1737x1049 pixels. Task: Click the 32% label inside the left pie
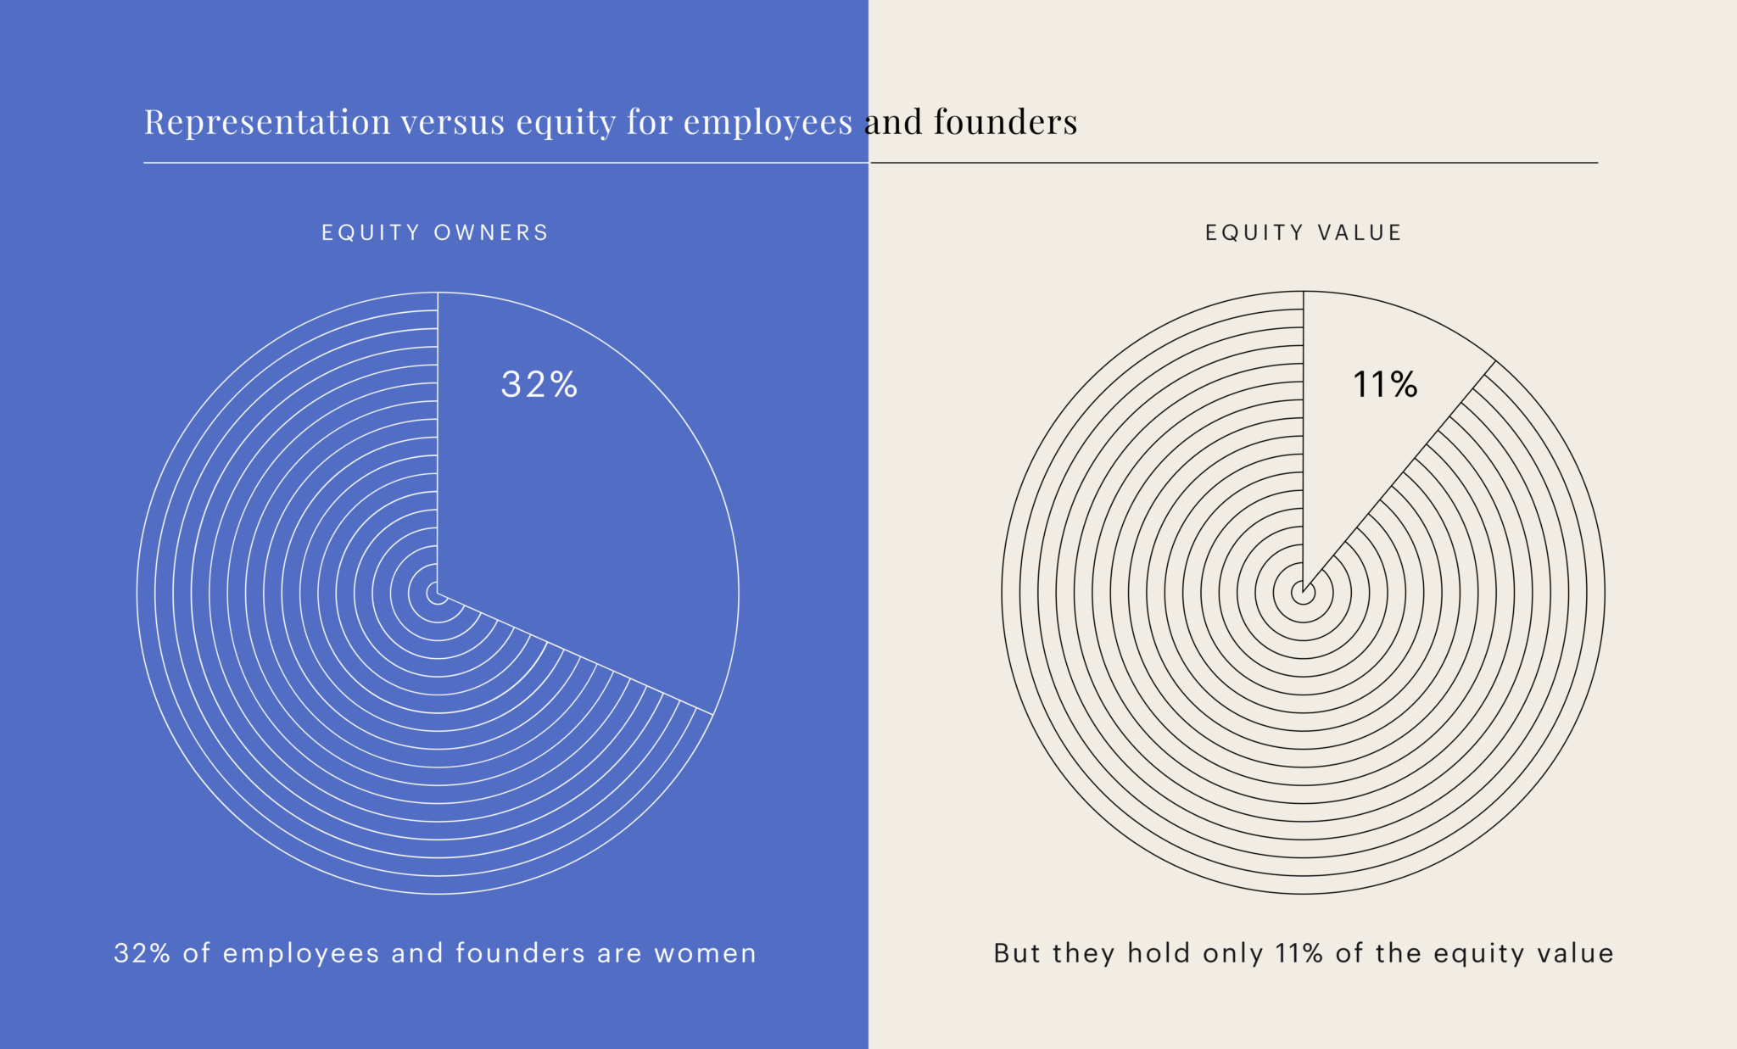tap(539, 384)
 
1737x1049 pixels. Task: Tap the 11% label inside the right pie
tap(1384, 384)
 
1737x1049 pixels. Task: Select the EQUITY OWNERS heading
tap(435, 232)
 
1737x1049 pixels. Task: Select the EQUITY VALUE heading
tap(1304, 232)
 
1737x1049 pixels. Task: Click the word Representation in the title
tap(267, 122)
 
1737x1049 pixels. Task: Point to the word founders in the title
tap(1005, 122)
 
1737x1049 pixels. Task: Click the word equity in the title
tap(566, 122)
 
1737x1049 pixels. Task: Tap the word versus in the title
tap(453, 122)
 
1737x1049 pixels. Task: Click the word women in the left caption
tap(705, 953)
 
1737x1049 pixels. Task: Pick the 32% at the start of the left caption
tap(142, 953)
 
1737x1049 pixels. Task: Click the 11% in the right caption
tap(1299, 953)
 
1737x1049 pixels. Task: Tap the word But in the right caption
tap(1016, 953)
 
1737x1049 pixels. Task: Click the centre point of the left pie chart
tap(438, 593)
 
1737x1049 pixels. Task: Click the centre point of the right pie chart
tap(1304, 593)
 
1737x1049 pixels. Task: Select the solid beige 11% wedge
tap(1357, 458)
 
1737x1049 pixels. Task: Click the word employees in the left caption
tap(300, 953)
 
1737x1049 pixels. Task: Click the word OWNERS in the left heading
tap(491, 232)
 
